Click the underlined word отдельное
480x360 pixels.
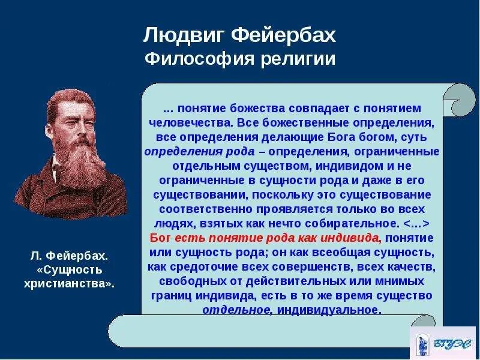[x=227, y=310]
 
